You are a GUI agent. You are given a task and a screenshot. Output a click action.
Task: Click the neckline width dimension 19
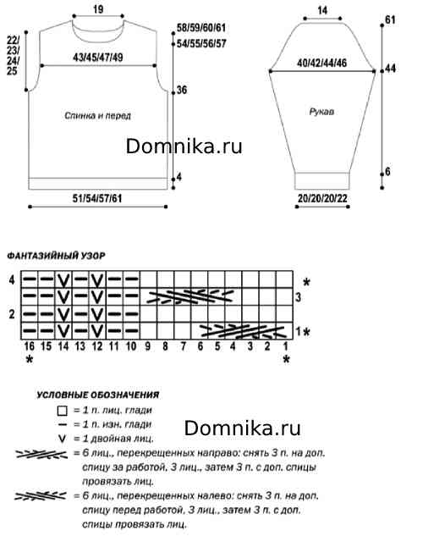98,9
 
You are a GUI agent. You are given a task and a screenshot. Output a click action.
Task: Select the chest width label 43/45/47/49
98,57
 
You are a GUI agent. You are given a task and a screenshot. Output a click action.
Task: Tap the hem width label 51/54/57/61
97,198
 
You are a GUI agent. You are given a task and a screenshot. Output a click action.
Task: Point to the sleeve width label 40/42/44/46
322,63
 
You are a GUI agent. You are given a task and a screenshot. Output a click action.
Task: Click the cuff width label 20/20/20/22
322,198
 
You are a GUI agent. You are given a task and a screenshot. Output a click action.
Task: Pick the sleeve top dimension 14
322,11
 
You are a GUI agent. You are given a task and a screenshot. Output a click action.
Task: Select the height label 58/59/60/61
201,28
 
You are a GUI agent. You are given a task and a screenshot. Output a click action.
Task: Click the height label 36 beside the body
182,90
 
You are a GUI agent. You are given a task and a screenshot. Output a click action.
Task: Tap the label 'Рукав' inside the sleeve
321,112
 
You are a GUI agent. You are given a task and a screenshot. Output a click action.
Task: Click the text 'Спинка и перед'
97,115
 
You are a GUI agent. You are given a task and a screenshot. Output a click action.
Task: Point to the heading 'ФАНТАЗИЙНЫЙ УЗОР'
57,256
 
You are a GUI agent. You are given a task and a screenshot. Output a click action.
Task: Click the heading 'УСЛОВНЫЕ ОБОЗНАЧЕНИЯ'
98,395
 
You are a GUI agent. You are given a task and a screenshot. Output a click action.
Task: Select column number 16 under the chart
30,346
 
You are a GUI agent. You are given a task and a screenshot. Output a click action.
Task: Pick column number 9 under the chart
148,346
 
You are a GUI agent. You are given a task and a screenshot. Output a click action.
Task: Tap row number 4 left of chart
12,280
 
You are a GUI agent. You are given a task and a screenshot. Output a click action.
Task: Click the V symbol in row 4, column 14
63,280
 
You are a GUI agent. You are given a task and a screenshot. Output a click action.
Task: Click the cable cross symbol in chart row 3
191,296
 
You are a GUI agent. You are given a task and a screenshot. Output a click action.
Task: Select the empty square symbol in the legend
63,411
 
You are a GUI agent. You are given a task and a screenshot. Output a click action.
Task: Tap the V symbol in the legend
62,439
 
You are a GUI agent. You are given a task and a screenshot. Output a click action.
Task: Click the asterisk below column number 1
287,359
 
